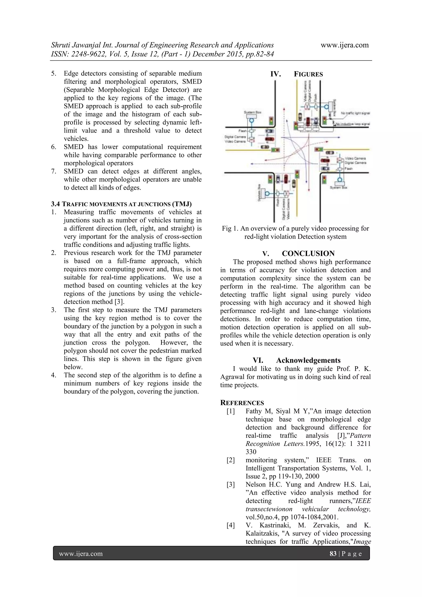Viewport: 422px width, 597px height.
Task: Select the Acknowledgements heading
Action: [308, 360]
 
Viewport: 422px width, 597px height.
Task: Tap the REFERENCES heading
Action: [242, 403]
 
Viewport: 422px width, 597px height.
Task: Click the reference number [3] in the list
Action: [231, 485]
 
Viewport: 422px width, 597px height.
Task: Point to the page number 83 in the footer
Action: [333, 554]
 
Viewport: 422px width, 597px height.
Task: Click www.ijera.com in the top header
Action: [345, 45]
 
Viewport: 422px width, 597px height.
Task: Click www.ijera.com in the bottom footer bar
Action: [81, 554]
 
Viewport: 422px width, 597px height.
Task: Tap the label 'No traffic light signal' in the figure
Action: [355, 113]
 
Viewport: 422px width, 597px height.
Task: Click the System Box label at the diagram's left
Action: [252, 112]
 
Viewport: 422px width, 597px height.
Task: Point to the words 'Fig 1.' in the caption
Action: [230, 229]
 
